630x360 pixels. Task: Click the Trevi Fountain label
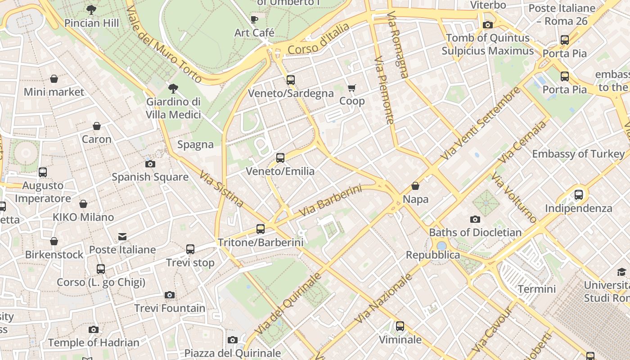pos(170,308)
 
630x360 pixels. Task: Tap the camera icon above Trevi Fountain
pos(170,295)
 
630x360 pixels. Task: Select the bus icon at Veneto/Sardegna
pos(291,80)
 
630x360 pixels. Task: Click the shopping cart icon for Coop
pos(351,88)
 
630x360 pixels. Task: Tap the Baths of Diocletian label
pos(475,233)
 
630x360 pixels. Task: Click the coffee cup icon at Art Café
pos(254,19)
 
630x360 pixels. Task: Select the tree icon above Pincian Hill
pos(91,9)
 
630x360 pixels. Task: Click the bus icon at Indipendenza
pos(579,195)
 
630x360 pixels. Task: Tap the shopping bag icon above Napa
pos(415,186)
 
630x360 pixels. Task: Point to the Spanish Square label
pos(150,177)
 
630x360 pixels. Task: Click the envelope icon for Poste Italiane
pos(122,237)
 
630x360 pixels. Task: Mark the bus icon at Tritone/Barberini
pos(261,229)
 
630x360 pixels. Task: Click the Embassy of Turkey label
pos(578,154)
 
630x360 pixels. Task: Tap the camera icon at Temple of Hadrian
pos(94,329)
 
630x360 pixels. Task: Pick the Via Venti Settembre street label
pos(480,124)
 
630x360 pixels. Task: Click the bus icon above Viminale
pos(400,326)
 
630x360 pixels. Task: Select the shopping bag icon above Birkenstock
pos(54,242)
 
